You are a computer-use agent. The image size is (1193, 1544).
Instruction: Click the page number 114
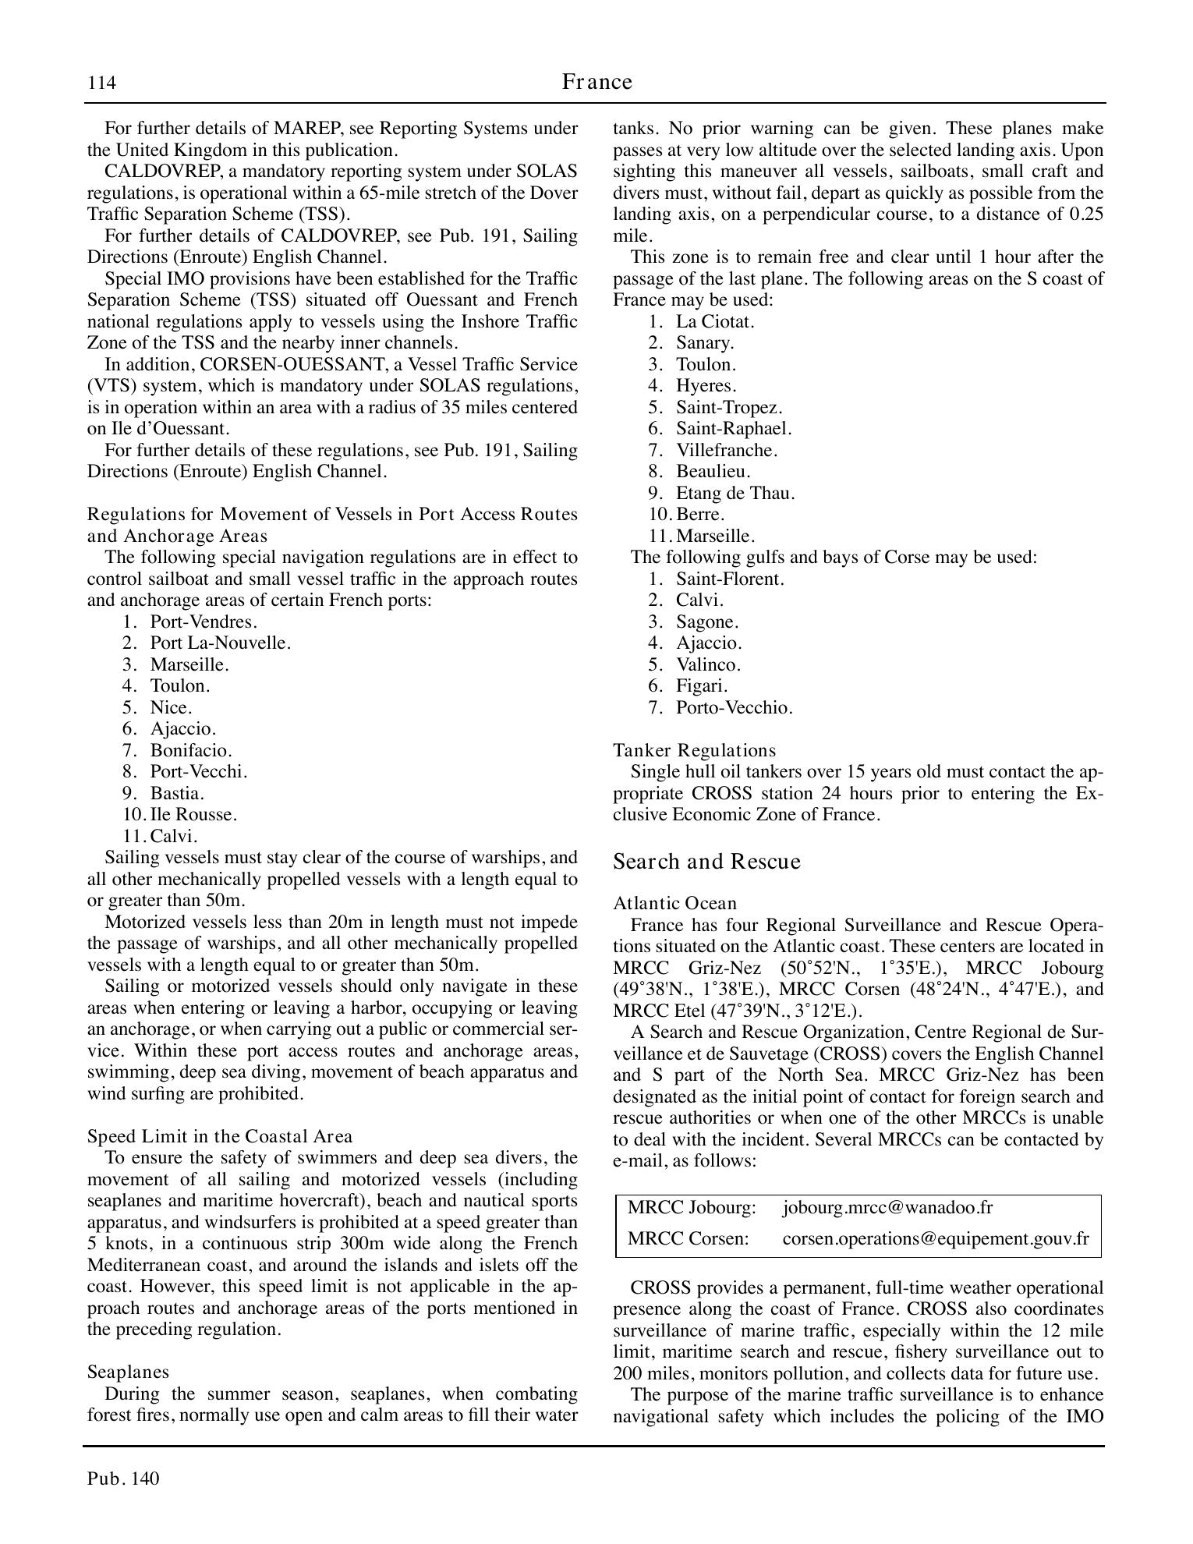tap(102, 83)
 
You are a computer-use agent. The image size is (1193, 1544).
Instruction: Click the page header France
tap(596, 82)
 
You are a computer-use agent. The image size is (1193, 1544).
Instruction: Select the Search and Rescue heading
tap(706, 862)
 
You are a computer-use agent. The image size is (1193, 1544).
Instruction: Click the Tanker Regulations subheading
tap(694, 750)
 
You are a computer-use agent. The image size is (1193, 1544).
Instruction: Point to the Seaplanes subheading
tap(128, 1372)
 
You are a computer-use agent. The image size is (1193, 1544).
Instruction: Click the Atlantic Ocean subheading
tap(674, 903)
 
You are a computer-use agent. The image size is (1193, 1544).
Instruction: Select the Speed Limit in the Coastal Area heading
tap(219, 1136)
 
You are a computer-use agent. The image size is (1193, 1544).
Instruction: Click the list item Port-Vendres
tap(204, 621)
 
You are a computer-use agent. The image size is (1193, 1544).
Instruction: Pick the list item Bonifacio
tap(191, 750)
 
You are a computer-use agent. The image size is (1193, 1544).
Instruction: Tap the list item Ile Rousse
tap(193, 814)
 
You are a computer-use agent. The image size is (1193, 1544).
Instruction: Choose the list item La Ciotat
tap(714, 321)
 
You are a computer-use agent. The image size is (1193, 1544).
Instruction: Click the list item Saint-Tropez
tap(728, 407)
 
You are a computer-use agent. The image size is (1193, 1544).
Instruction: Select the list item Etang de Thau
tap(735, 493)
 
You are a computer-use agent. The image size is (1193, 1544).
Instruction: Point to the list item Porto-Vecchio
tap(734, 707)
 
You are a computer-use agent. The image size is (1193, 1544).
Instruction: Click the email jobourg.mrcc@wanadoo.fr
tap(887, 1208)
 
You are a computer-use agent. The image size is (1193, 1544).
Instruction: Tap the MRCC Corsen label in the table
tap(688, 1238)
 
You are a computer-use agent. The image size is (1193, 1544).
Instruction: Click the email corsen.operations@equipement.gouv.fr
tap(935, 1238)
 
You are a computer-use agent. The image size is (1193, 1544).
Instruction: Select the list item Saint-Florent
tap(729, 579)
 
